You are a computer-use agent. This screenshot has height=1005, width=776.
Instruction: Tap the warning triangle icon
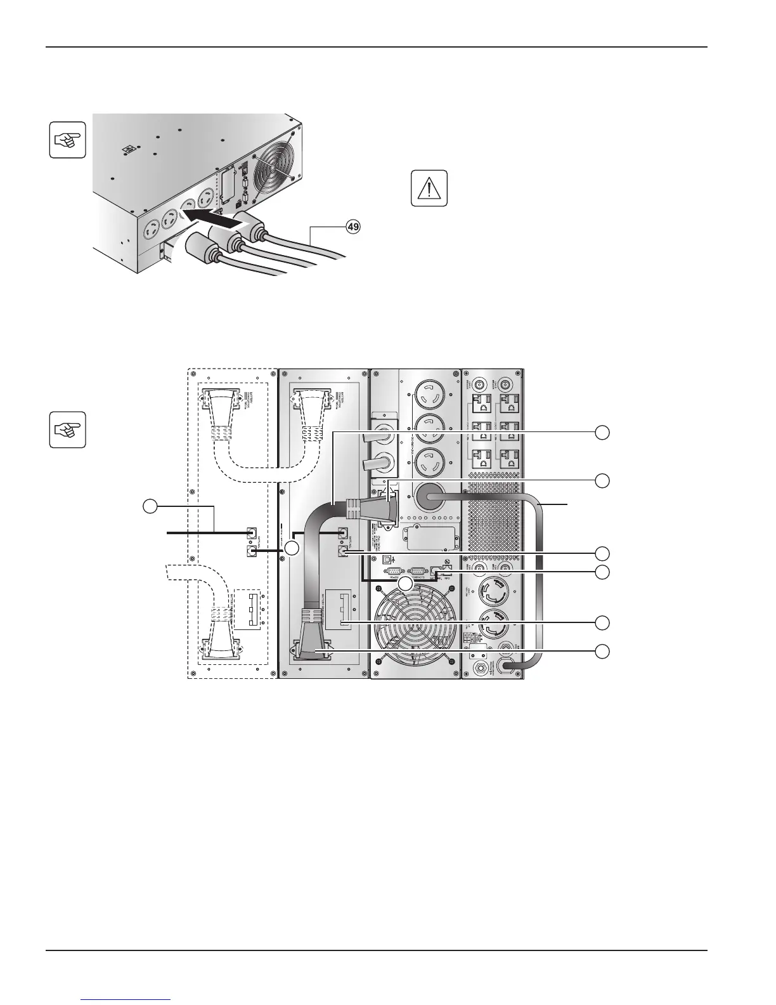tap(429, 188)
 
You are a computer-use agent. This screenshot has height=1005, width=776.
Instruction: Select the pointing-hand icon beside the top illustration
tap(67, 139)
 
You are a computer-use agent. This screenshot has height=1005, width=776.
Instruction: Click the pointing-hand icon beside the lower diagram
tap(67, 430)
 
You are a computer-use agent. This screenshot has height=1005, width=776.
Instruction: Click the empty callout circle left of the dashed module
tap(149, 506)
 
